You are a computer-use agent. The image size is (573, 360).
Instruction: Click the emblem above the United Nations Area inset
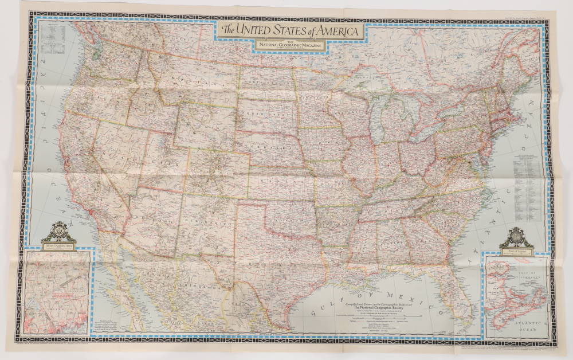[58, 233]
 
